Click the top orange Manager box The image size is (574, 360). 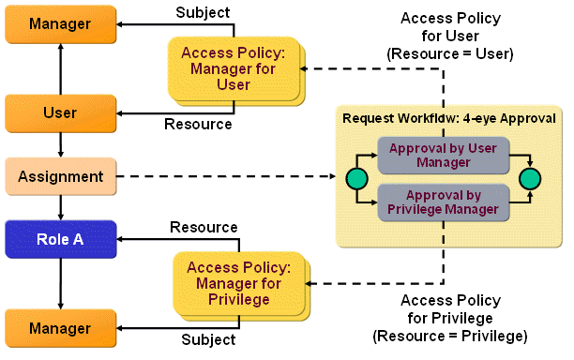pos(60,22)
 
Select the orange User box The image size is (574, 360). pos(60,112)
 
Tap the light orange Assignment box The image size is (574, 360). pos(60,175)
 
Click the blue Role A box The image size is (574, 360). pos(60,239)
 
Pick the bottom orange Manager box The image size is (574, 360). pos(60,328)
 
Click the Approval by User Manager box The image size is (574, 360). pos(443,156)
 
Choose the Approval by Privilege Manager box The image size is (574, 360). pos(443,202)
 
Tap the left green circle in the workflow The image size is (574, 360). pos(355,178)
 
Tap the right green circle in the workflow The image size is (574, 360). pos(531,178)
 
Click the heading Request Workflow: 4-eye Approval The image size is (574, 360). pos(449,118)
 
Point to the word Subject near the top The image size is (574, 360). pos(203,12)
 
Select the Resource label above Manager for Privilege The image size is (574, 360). pos(204,228)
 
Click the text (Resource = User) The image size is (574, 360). pos(450,53)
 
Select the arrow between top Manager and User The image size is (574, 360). pos(60,67)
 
